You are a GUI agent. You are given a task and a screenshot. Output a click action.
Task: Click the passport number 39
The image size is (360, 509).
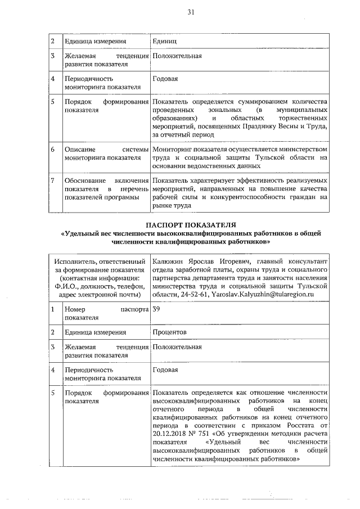pos(157,309)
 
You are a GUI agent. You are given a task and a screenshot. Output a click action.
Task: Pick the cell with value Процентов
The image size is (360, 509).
pos(169,332)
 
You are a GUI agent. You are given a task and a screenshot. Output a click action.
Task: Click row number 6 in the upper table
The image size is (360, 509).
pos(52,150)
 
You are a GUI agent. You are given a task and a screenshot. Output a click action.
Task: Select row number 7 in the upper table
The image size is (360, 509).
pos(52,181)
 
